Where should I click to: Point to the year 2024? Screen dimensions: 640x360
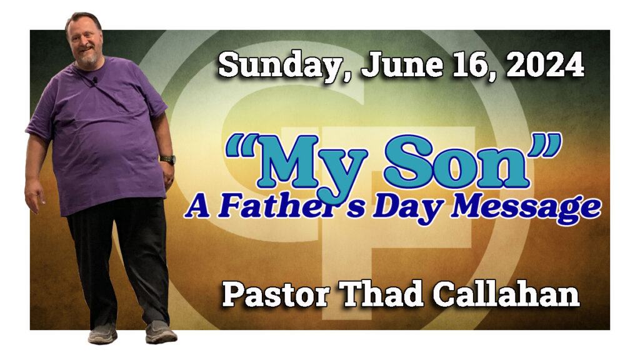point(546,65)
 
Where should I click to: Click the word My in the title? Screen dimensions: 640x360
point(312,165)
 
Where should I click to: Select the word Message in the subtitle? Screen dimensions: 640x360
point(526,209)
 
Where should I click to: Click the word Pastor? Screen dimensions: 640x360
point(276,295)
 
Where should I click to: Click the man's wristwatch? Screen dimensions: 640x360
point(167,159)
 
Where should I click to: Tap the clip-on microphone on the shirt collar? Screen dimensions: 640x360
point(95,81)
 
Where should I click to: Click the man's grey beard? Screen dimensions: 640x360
point(87,59)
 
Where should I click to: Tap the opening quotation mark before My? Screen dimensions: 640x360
point(241,146)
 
